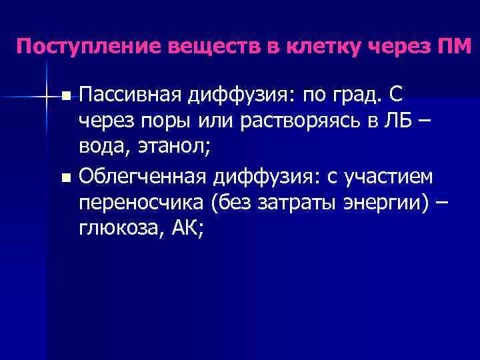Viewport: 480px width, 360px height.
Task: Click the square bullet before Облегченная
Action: point(64,178)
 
